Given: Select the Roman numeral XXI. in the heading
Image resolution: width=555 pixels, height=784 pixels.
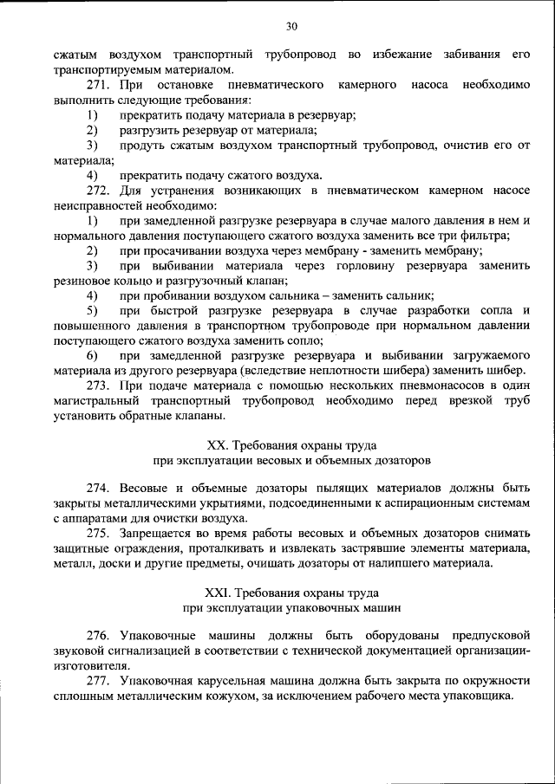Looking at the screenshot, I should [218, 593].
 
